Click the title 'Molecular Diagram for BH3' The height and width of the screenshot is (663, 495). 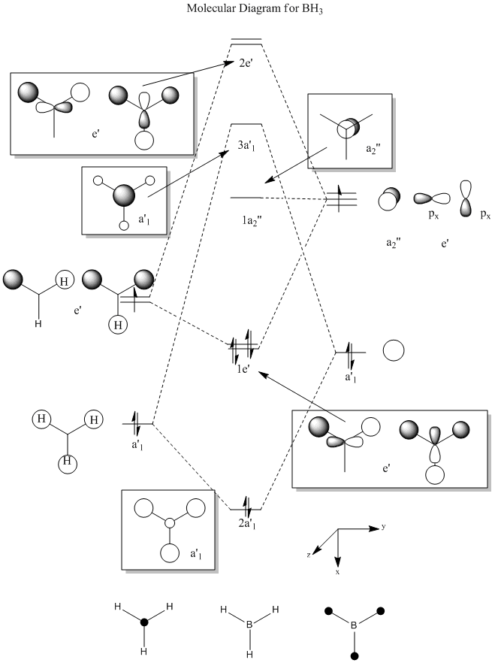pyautogui.click(x=255, y=9)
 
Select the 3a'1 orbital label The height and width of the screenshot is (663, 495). pyautogui.click(x=246, y=147)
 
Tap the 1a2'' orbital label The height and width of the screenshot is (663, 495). pyautogui.click(x=252, y=221)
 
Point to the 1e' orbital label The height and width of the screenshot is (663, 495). pyautogui.click(x=243, y=368)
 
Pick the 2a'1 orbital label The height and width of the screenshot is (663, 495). pyautogui.click(x=248, y=524)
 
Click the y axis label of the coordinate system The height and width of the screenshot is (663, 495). pyautogui.click(x=384, y=527)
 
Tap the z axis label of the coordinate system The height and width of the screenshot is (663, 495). pyautogui.click(x=309, y=555)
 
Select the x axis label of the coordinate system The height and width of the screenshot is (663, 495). pyautogui.click(x=337, y=572)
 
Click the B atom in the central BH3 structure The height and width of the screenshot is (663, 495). pyautogui.click(x=249, y=624)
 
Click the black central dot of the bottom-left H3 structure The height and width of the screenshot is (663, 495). pyautogui.click(x=144, y=622)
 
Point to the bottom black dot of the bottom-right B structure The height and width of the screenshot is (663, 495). pyautogui.click(x=355, y=656)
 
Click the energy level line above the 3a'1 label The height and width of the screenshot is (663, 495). pyautogui.click(x=246, y=124)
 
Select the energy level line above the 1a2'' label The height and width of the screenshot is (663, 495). pyautogui.click(x=246, y=198)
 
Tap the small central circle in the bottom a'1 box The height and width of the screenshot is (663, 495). pyautogui.click(x=169, y=523)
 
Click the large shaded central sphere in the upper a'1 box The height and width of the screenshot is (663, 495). pyautogui.click(x=124, y=195)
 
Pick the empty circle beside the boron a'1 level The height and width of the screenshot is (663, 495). pyautogui.click(x=394, y=350)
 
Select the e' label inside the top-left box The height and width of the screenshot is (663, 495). pyautogui.click(x=96, y=134)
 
